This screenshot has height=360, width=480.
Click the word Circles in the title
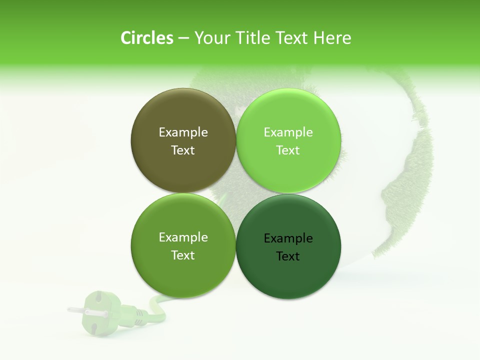(147, 38)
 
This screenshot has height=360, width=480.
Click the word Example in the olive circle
(183, 132)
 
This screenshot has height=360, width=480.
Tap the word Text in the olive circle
(183, 150)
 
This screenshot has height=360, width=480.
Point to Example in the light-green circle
(288, 132)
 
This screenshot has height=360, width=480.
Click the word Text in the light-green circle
(288, 150)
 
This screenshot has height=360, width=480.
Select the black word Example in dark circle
(288, 238)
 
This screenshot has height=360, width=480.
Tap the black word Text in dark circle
(288, 256)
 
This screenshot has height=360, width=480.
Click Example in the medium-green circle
(183, 237)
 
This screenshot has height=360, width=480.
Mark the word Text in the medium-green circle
(183, 255)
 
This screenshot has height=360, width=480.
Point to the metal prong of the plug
(76, 310)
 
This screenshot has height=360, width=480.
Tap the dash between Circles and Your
(183, 38)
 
